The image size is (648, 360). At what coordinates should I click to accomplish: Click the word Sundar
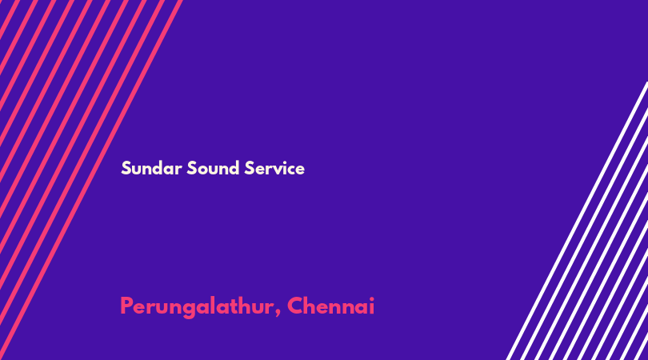point(151,168)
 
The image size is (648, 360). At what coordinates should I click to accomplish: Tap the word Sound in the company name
point(213,168)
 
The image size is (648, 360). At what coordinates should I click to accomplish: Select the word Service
point(274,168)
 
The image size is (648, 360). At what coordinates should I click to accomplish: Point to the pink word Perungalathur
point(197,307)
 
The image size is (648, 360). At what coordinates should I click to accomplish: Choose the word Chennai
point(331,306)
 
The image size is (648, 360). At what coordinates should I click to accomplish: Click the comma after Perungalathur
point(278,314)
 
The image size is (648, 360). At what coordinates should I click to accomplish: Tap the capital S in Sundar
point(126,168)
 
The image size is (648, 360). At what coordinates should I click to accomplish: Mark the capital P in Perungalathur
point(127,306)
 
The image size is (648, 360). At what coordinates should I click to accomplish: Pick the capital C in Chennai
point(296,306)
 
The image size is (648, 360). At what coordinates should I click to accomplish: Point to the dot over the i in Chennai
point(371,298)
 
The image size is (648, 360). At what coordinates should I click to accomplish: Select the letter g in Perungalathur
point(189,310)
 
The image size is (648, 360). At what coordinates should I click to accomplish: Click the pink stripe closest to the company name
point(91,180)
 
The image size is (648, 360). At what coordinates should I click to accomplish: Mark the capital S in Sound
point(192,168)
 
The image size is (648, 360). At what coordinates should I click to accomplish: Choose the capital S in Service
point(249,168)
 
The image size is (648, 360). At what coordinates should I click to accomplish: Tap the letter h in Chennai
point(314,306)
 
